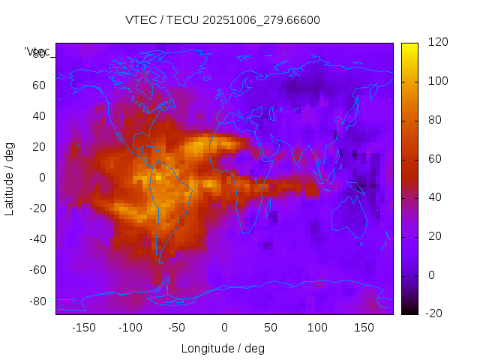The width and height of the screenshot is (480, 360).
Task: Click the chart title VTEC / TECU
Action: coord(223,20)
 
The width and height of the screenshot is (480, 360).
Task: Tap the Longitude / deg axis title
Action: coord(223,348)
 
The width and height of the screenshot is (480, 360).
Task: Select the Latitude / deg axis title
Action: coord(10,177)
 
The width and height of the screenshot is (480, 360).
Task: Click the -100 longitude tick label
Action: coord(130,327)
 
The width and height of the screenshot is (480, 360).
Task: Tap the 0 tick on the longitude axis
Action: coord(223,327)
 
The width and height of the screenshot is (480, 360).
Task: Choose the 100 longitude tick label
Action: coord(317,327)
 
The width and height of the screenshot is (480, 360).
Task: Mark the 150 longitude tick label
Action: coord(364,327)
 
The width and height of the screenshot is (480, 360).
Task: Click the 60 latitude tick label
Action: coord(38,85)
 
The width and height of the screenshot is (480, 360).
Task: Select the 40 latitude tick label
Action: coord(38,115)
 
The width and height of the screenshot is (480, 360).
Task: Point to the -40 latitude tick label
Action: coord(36,239)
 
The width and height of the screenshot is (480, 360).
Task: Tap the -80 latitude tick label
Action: coord(36,301)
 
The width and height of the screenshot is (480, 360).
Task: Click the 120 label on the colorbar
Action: coord(438,42)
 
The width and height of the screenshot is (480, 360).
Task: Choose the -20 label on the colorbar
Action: coord(436,313)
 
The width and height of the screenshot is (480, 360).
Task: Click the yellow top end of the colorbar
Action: coord(409,46)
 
